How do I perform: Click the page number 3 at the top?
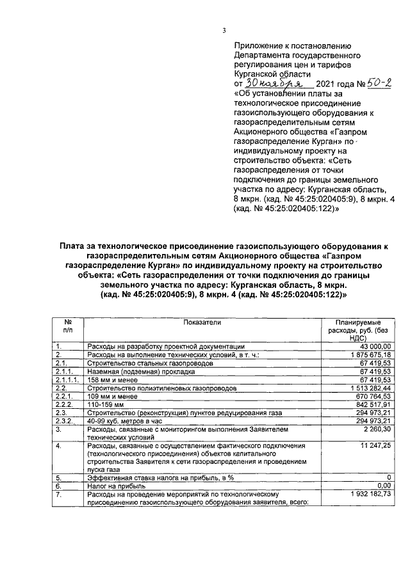[224, 29]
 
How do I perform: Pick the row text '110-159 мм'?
[105, 404]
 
